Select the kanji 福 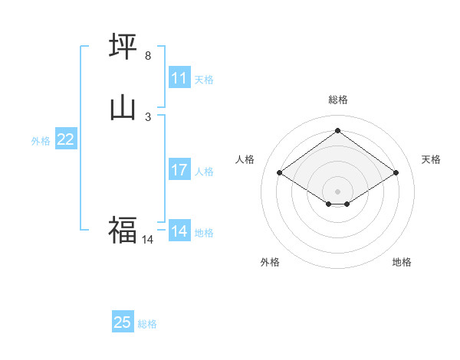(123, 229)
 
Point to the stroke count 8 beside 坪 (148, 56)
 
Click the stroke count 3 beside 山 (148, 116)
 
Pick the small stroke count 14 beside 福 (147, 240)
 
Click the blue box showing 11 (179, 77)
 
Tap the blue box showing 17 (179, 170)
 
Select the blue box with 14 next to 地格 (179, 231)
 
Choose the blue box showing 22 (66, 139)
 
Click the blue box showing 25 (123, 322)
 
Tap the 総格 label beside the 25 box (147, 324)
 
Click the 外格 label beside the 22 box (41, 141)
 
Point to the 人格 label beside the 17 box (205, 172)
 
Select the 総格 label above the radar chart (338, 100)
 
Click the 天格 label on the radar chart (431, 159)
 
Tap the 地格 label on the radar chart (402, 262)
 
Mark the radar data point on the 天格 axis (396, 173)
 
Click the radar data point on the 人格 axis (280, 173)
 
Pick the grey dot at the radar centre (338, 191)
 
